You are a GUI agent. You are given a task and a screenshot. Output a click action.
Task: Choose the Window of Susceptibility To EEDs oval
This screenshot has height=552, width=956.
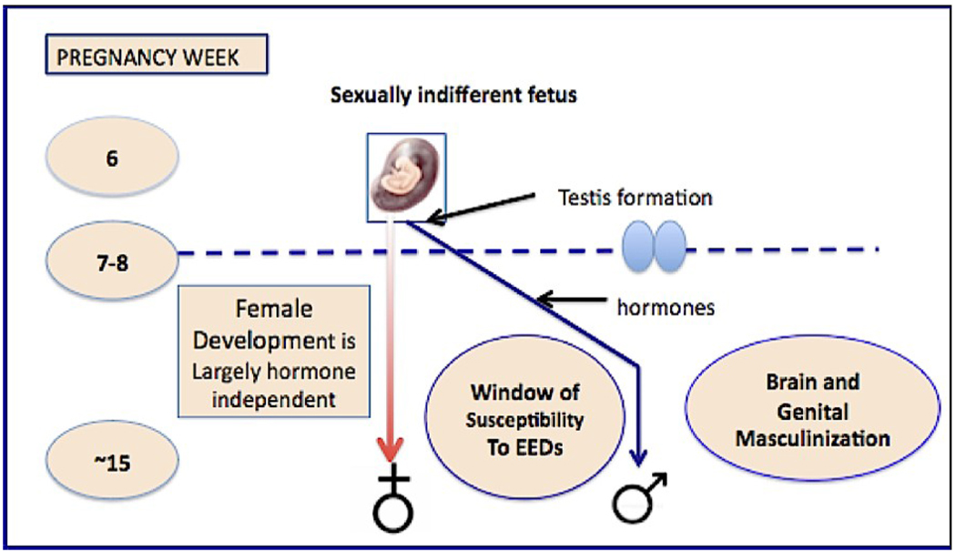click(x=525, y=419)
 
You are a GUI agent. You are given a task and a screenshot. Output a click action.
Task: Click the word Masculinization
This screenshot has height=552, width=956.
click(x=812, y=438)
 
